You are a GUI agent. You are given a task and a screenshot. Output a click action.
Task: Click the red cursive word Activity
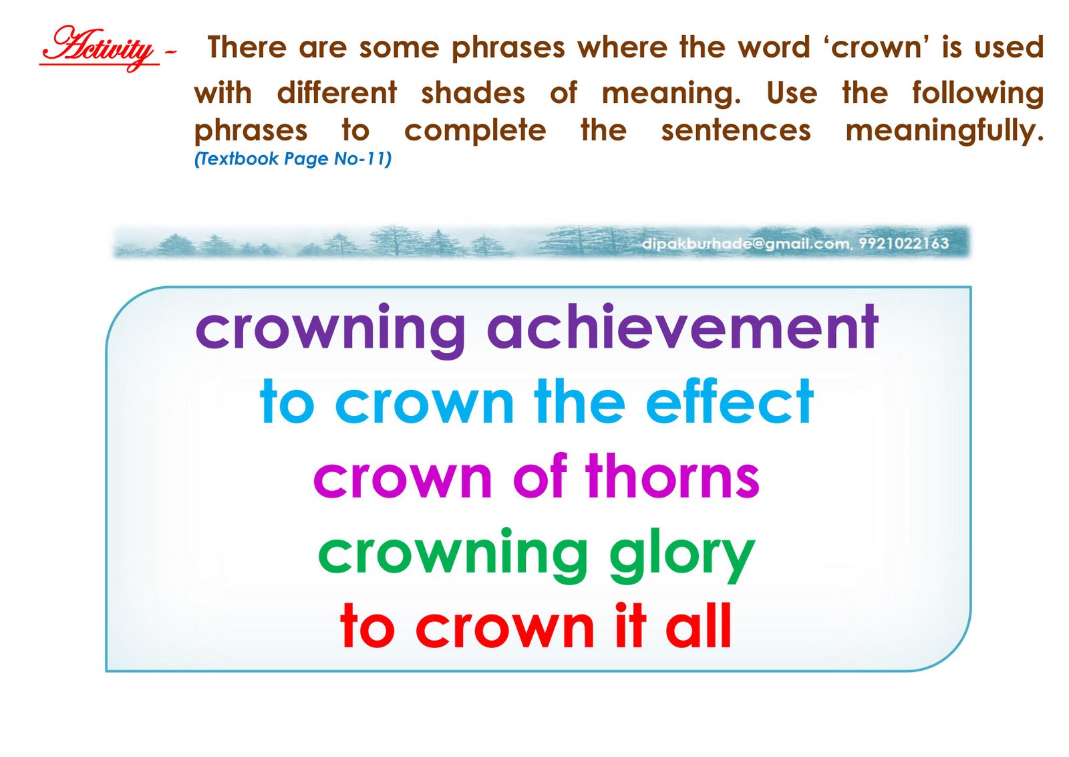[x=100, y=48]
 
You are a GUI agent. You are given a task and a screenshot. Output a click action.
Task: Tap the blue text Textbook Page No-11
[x=293, y=158]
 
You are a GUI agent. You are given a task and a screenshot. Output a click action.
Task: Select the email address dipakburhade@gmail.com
[x=745, y=243]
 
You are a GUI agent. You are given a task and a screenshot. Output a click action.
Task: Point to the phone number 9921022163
[x=904, y=243]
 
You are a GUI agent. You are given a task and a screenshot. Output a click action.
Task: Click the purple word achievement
[x=682, y=327]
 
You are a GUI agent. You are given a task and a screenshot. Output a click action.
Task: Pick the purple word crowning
[x=330, y=331]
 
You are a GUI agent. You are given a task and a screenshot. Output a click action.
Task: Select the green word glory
[x=682, y=556]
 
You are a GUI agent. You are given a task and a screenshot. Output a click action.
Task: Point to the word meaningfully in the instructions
[x=945, y=131]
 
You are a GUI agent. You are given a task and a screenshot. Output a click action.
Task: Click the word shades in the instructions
[x=473, y=93]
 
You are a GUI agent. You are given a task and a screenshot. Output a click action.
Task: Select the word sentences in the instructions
[x=736, y=131]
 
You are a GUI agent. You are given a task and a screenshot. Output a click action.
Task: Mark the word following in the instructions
[x=978, y=93]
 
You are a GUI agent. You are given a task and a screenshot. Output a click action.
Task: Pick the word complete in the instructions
[x=475, y=131]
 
